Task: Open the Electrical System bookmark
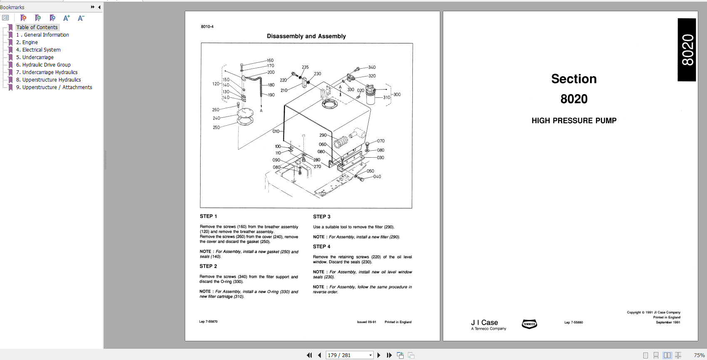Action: coord(41,50)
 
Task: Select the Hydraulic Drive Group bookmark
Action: coord(46,65)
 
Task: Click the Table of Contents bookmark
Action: coord(37,27)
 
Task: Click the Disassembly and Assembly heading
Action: coord(306,36)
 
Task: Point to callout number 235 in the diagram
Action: coord(305,67)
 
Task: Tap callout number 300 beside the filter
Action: coord(397,94)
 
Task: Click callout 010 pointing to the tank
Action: coord(276,131)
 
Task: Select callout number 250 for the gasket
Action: coord(216,127)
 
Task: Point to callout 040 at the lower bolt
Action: coord(377,176)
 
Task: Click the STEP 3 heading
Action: coord(322,217)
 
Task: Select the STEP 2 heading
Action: coord(208,266)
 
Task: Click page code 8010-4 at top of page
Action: coord(207,27)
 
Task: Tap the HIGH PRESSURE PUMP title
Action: coord(574,121)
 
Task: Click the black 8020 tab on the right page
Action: coord(687,50)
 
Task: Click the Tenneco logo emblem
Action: coord(529,324)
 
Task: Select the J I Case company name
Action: coord(484,323)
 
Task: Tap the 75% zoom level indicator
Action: coord(699,355)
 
